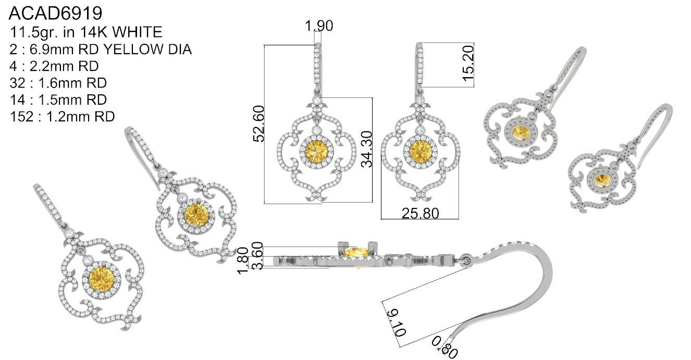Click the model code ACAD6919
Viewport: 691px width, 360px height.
pos(56,14)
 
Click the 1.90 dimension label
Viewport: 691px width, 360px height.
pos(319,26)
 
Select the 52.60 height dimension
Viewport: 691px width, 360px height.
pos(258,123)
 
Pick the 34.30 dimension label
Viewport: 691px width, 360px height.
pos(366,149)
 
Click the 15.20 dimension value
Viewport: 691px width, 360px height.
pos(467,63)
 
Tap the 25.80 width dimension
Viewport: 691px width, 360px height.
pos(420,214)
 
